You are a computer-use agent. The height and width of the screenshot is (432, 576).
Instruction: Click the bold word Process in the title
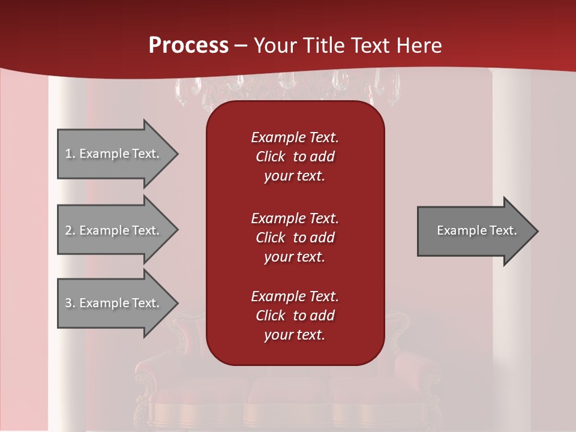(188, 46)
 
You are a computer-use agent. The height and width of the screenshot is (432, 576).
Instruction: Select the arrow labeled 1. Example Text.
(114, 154)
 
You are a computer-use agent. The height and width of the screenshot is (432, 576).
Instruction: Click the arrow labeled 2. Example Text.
(114, 230)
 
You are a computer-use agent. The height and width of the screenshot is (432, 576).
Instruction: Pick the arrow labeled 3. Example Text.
(114, 303)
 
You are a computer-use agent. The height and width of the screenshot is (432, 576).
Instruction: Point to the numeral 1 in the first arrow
(68, 154)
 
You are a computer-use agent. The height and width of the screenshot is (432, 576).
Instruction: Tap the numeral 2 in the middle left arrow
(68, 230)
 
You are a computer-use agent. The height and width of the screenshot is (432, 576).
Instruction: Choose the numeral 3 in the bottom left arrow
(68, 303)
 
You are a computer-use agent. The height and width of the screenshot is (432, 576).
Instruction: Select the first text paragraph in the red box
(295, 157)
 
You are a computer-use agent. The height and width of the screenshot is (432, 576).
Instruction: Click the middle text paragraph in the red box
(295, 238)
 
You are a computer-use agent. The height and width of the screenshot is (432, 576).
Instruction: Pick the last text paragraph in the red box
(295, 316)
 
